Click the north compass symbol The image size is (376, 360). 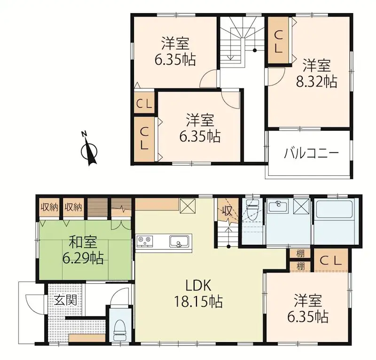click(x=89, y=151)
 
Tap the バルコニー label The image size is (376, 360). click(x=311, y=153)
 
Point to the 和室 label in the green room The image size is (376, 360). click(x=83, y=243)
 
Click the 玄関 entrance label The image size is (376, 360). click(x=64, y=300)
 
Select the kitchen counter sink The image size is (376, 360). click(x=178, y=242)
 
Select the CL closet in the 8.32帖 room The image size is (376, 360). click(x=278, y=40)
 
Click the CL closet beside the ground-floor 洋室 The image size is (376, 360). click(x=331, y=260)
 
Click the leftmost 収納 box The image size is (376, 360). click(x=48, y=207)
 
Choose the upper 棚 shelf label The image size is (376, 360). click(x=300, y=254)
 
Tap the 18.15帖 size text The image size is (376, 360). click(x=199, y=301)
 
